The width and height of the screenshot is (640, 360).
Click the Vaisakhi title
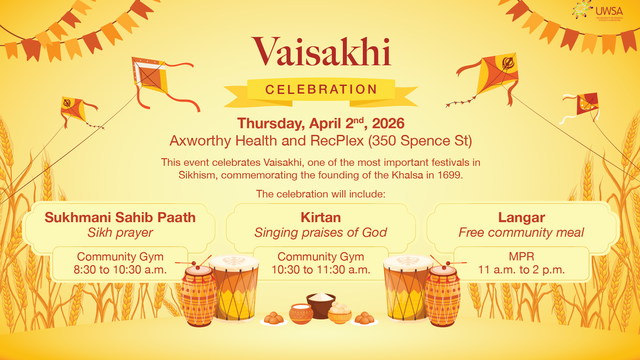[321, 52]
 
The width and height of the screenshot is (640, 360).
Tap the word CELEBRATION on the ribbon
[321, 90]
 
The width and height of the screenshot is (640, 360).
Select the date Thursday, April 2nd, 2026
[321, 123]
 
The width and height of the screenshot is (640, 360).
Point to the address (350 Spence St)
[420, 141]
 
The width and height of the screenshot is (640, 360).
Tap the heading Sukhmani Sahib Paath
[120, 218]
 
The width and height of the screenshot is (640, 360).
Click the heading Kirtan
[321, 218]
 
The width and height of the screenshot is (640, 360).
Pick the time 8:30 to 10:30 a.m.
[120, 269]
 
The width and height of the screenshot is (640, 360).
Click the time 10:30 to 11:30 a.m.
[321, 269]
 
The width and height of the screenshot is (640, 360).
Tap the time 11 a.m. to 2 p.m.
[522, 270]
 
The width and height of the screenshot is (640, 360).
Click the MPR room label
[522, 256]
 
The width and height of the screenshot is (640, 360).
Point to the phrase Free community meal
[521, 232]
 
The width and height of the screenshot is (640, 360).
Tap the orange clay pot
[301, 314]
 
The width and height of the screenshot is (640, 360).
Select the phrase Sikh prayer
[120, 233]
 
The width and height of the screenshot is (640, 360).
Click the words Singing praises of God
[321, 233]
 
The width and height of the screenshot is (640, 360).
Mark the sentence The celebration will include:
[321, 194]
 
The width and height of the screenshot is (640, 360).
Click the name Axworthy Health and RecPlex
[267, 141]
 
